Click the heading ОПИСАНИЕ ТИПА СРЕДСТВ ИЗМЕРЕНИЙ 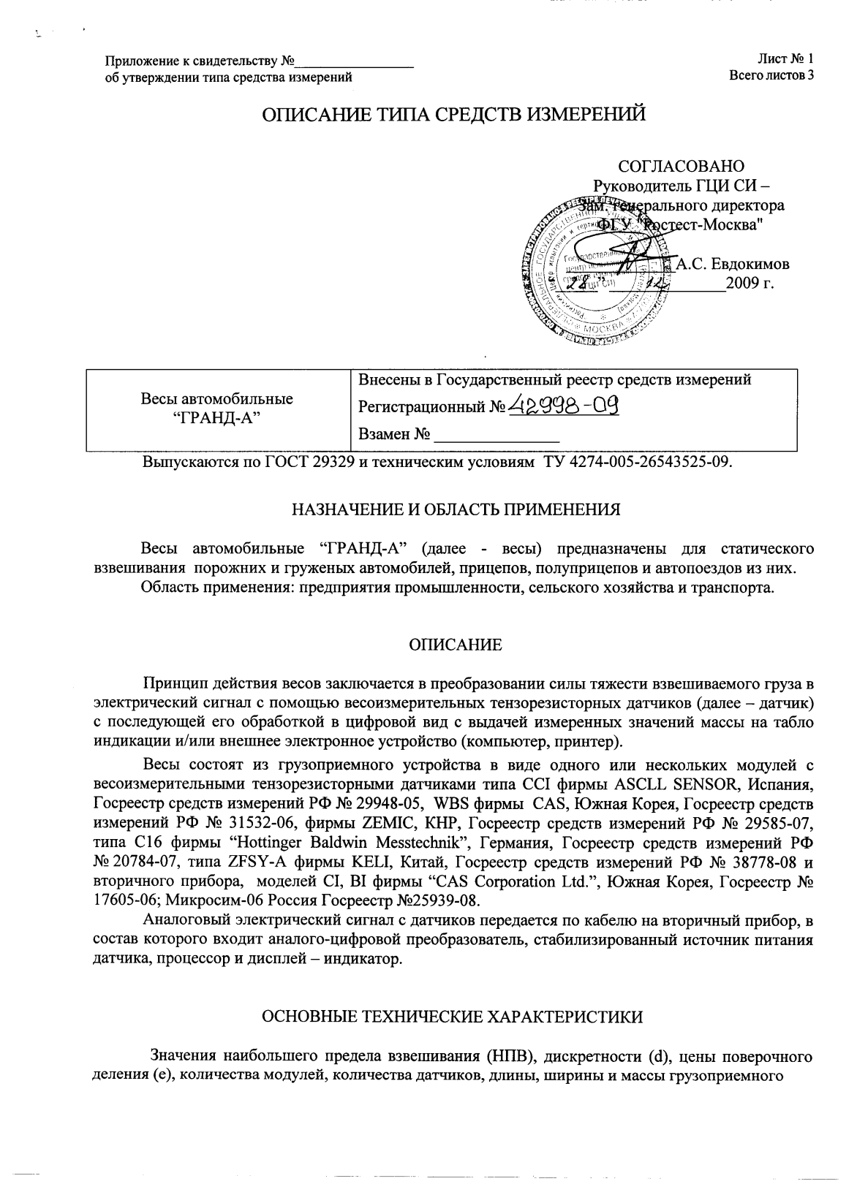click(x=453, y=115)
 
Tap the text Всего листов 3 click(x=771, y=75)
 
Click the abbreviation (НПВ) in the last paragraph click(x=504, y=1056)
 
